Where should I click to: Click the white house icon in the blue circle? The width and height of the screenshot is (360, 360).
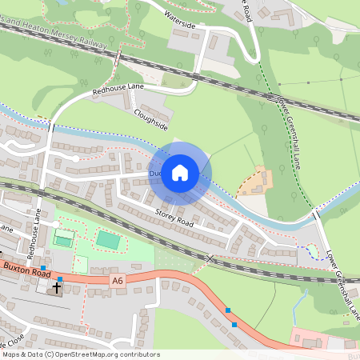(180, 172)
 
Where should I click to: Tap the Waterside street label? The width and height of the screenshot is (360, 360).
(179, 26)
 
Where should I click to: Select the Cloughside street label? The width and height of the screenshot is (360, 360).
(151, 119)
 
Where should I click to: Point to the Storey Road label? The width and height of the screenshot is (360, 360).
(174, 217)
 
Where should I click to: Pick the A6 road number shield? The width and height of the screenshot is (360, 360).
(118, 280)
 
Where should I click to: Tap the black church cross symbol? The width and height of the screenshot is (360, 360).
(57, 286)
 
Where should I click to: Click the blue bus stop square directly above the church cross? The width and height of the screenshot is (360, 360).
(59, 278)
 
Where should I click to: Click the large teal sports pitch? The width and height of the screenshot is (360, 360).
(106, 238)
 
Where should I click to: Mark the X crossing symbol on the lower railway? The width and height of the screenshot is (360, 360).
(210, 258)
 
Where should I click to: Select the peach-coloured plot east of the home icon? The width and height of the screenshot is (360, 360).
(254, 183)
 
